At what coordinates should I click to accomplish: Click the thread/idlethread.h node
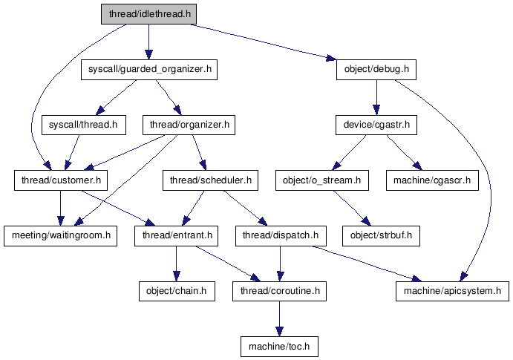click(149, 14)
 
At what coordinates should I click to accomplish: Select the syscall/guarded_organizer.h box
click(149, 71)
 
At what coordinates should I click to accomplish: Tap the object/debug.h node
click(376, 71)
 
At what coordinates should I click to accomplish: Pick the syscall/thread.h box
click(82, 125)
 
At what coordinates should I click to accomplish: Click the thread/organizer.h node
click(189, 125)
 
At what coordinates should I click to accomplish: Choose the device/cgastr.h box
click(376, 125)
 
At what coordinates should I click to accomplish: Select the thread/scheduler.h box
click(211, 180)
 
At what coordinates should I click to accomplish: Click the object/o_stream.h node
click(322, 180)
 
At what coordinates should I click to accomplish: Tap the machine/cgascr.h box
click(431, 180)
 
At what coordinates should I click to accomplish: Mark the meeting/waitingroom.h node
click(60, 236)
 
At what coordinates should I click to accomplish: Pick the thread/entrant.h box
click(176, 236)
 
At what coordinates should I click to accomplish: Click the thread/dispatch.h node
click(280, 236)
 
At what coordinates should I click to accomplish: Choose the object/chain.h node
click(176, 291)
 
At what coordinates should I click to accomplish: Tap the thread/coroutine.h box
click(279, 291)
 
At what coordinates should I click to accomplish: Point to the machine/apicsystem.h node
click(452, 291)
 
